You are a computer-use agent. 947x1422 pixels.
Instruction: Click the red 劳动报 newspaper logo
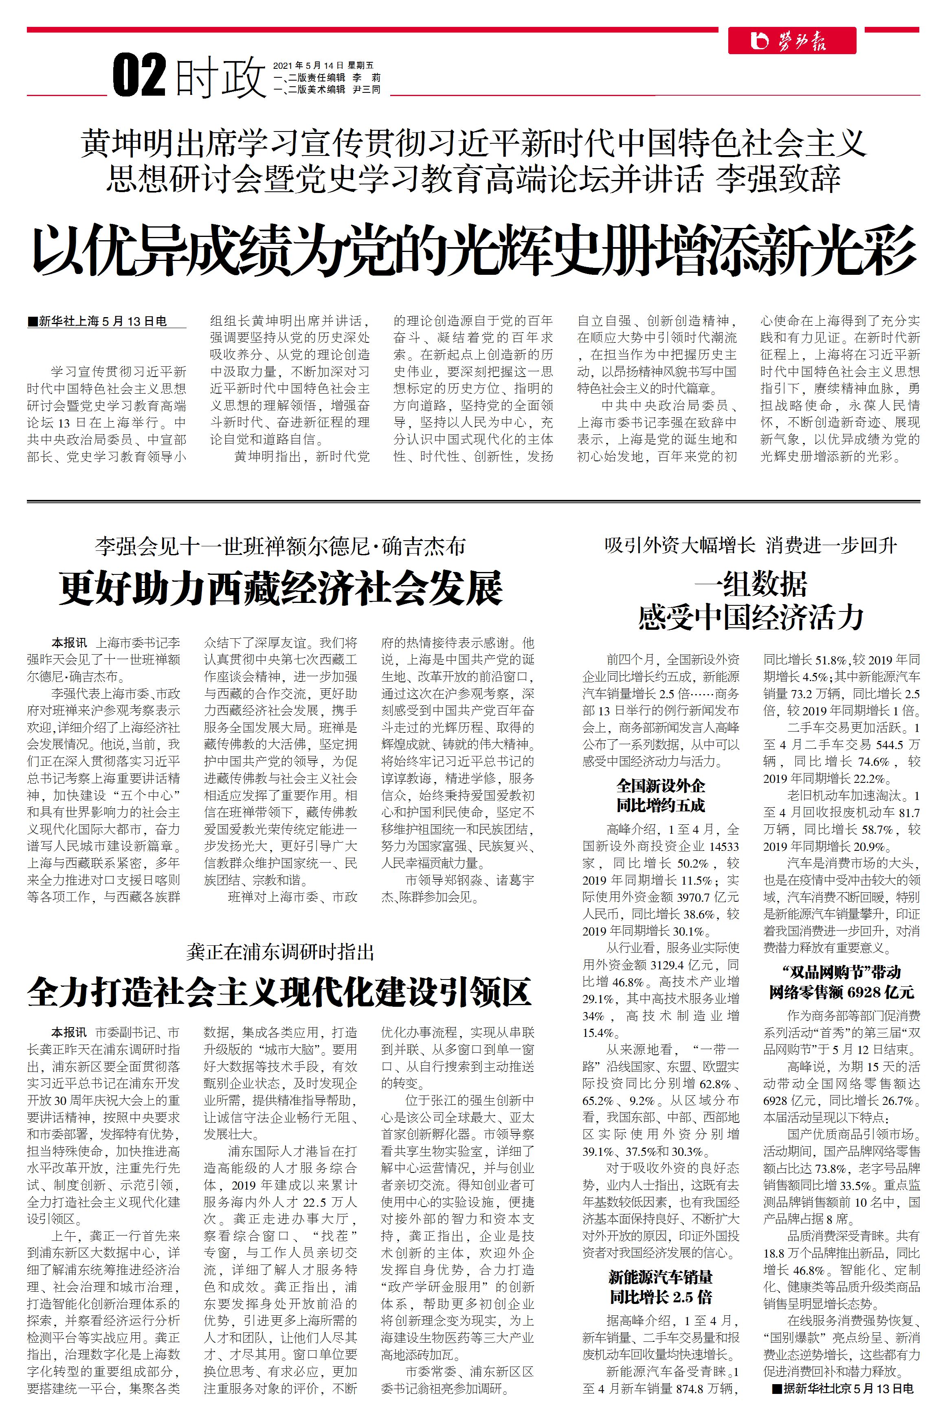pos(792,41)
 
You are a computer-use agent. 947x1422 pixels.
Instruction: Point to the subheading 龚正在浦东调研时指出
pos(280,952)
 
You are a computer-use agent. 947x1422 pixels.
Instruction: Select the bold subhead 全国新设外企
pos(660,786)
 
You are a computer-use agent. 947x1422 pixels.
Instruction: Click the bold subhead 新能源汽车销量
pos(660,1277)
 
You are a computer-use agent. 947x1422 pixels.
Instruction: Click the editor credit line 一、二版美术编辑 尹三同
pos(327,89)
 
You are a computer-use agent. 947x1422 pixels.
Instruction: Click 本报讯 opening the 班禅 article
pos(69,643)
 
